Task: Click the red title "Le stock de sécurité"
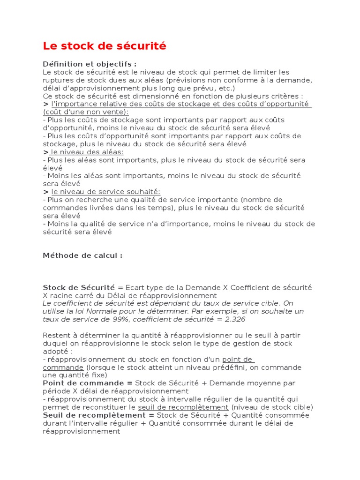[105, 46]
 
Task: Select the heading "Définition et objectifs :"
[90, 64]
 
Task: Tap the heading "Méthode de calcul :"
[82, 255]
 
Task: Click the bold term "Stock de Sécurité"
[79, 287]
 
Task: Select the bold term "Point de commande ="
[88, 383]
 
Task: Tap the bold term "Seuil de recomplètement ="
[98, 415]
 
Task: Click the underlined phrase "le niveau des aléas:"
[87, 152]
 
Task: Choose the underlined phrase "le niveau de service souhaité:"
[105, 192]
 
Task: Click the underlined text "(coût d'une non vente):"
[86, 112]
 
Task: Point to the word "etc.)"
[225, 88]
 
